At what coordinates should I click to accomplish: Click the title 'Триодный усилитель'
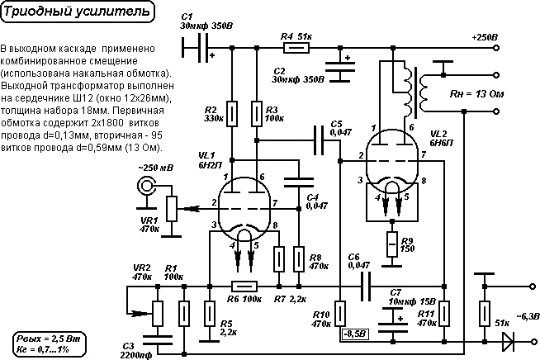pos(78,12)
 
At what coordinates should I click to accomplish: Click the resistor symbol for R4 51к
pos(296,48)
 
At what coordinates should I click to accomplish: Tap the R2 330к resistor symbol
pos(232,114)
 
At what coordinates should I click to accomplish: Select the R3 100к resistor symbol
pos(257,114)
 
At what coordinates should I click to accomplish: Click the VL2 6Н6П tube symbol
pos(391,161)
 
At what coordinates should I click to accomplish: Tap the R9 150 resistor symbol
pos(392,244)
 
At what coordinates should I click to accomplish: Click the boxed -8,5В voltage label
pos(355,334)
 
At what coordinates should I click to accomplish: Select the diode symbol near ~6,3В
pos(509,342)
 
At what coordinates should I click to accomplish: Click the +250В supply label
pos(485,37)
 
